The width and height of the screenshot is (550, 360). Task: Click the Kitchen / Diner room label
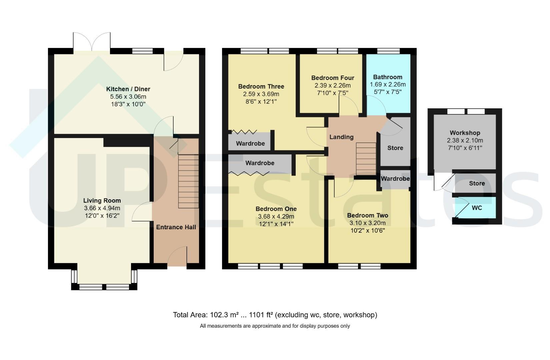click(x=128, y=89)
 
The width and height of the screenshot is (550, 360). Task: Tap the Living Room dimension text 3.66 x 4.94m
click(x=102, y=208)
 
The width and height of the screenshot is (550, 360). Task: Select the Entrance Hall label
click(x=176, y=227)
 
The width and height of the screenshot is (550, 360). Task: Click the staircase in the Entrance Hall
click(x=188, y=181)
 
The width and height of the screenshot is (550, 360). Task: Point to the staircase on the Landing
click(x=366, y=159)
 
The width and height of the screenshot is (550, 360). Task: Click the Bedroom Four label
click(x=333, y=78)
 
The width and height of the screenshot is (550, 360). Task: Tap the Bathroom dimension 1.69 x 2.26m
click(x=388, y=84)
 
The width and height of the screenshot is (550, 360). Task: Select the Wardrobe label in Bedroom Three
click(x=250, y=143)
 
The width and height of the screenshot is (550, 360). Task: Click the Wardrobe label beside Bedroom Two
click(x=395, y=179)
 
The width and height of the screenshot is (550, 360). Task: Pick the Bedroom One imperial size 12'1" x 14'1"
click(x=276, y=224)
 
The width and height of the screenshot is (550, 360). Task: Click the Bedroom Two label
click(x=368, y=215)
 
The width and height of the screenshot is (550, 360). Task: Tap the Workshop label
click(x=465, y=133)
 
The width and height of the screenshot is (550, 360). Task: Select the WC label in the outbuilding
click(x=477, y=208)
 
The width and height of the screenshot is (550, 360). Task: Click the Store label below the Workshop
click(x=477, y=183)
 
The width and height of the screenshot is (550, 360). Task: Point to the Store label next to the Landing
click(x=395, y=148)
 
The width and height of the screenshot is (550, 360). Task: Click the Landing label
click(x=341, y=137)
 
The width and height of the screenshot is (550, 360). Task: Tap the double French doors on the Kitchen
click(x=92, y=42)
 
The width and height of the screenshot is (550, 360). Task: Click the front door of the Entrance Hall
click(x=177, y=256)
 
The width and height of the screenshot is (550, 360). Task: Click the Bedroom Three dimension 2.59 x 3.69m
click(x=261, y=94)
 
